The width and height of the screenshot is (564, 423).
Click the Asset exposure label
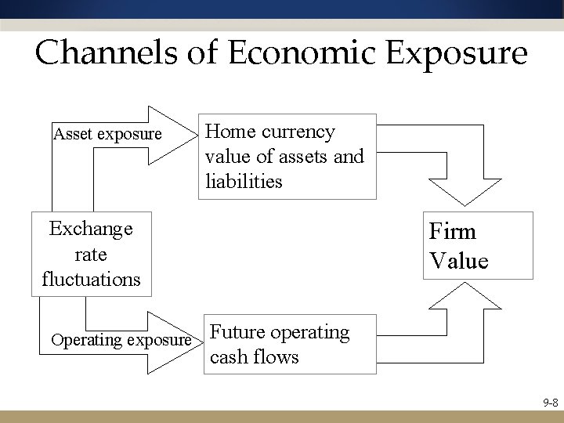point(107,134)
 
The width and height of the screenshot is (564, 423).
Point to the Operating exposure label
point(120,341)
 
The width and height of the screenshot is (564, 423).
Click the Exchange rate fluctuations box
point(91,254)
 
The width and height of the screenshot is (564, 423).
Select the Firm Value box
point(477,245)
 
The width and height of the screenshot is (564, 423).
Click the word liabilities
point(244,181)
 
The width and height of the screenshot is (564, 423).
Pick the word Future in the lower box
point(235,332)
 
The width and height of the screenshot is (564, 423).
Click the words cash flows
point(254,357)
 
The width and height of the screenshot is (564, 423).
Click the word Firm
point(453,233)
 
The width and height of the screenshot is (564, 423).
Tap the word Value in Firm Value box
point(458,259)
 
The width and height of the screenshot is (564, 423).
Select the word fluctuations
point(91,279)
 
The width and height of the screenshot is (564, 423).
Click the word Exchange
point(91,229)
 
